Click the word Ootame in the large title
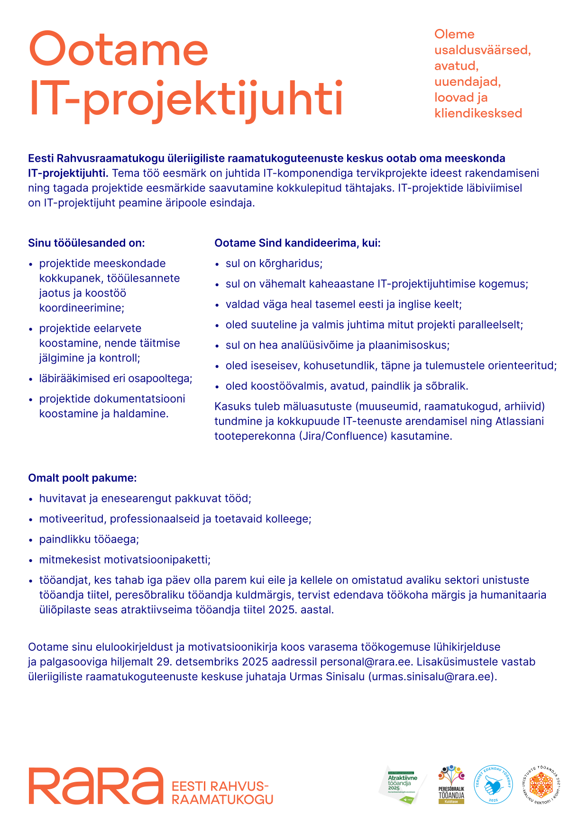[x=119, y=49]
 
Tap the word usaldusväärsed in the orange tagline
[x=482, y=50]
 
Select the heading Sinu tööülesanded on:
[x=86, y=243]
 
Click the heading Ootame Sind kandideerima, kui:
[x=297, y=243]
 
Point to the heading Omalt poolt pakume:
[x=82, y=478]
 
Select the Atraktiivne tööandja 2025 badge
[x=403, y=785]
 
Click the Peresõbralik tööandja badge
[x=451, y=785]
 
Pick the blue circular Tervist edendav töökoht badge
[x=493, y=785]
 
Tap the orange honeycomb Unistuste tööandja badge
[x=541, y=785]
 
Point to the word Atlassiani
[x=519, y=421]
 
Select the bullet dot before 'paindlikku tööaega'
[x=31, y=540]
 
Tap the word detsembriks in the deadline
[x=206, y=662]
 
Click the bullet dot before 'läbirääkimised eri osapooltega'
[x=31, y=379]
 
